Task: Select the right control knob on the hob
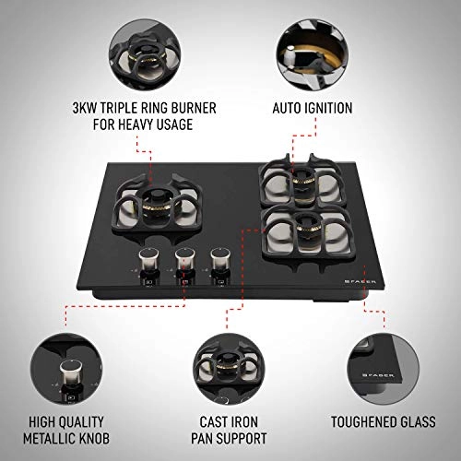219,262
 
